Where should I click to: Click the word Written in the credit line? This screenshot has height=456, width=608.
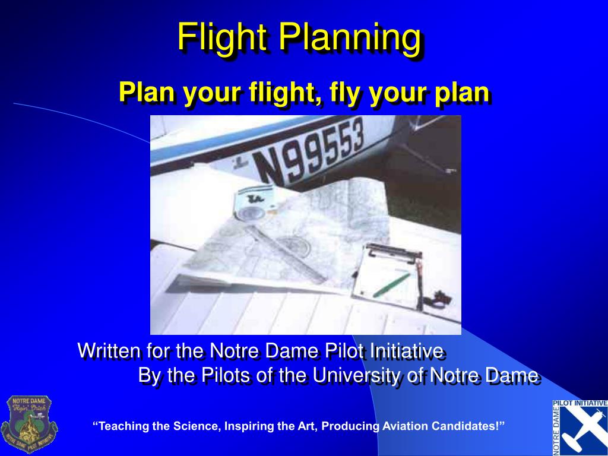click(x=107, y=350)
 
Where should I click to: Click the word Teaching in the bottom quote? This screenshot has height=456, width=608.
click(x=123, y=426)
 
